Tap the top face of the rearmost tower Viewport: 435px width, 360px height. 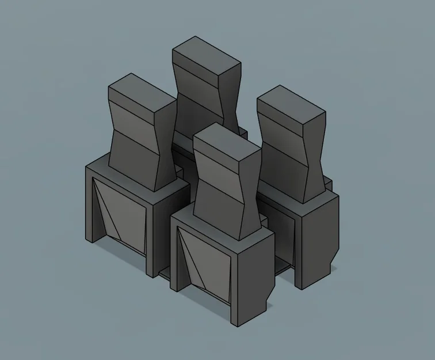pyautogui.click(x=206, y=54)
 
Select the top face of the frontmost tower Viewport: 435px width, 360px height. pyautogui.click(x=227, y=141)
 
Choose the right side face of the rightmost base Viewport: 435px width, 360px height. pyautogui.click(x=319, y=236)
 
